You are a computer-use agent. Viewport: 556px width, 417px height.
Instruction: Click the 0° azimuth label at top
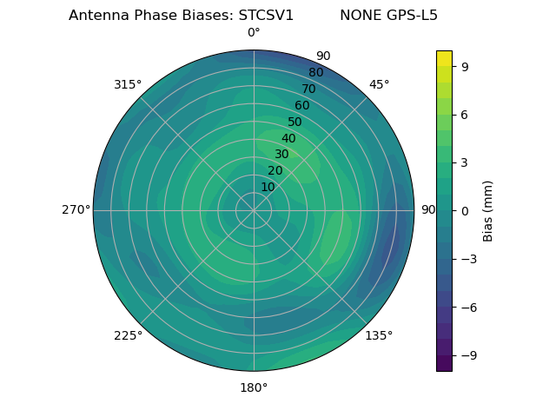click(x=254, y=33)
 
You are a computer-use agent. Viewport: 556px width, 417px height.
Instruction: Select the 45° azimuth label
click(x=379, y=84)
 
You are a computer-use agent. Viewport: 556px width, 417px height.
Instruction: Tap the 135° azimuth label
click(x=379, y=335)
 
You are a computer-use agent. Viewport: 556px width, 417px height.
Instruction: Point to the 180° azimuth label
click(x=254, y=387)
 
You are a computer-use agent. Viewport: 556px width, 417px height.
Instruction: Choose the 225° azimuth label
click(x=128, y=335)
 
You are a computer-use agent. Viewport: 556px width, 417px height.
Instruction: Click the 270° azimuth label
click(x=76, y=210)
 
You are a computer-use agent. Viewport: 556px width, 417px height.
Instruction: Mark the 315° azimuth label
click(x=128, y=84)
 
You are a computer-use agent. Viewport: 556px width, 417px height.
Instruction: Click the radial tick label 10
click(x=268, y=187)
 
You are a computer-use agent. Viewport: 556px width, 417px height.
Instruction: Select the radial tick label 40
click(x=288, y=138)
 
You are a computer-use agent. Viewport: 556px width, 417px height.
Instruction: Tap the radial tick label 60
click(x=302, y=105)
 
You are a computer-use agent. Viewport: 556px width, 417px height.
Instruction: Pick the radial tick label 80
click(x=316, y=72)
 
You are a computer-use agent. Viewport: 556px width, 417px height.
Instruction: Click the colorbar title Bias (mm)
click(x=488, y=210)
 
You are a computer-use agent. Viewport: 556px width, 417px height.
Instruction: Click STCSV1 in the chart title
click(x=267, y=16)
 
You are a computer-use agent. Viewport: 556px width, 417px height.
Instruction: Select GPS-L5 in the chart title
click(x=407, y=16)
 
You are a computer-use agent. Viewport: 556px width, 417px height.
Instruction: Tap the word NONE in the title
click(x=357, y=16)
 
